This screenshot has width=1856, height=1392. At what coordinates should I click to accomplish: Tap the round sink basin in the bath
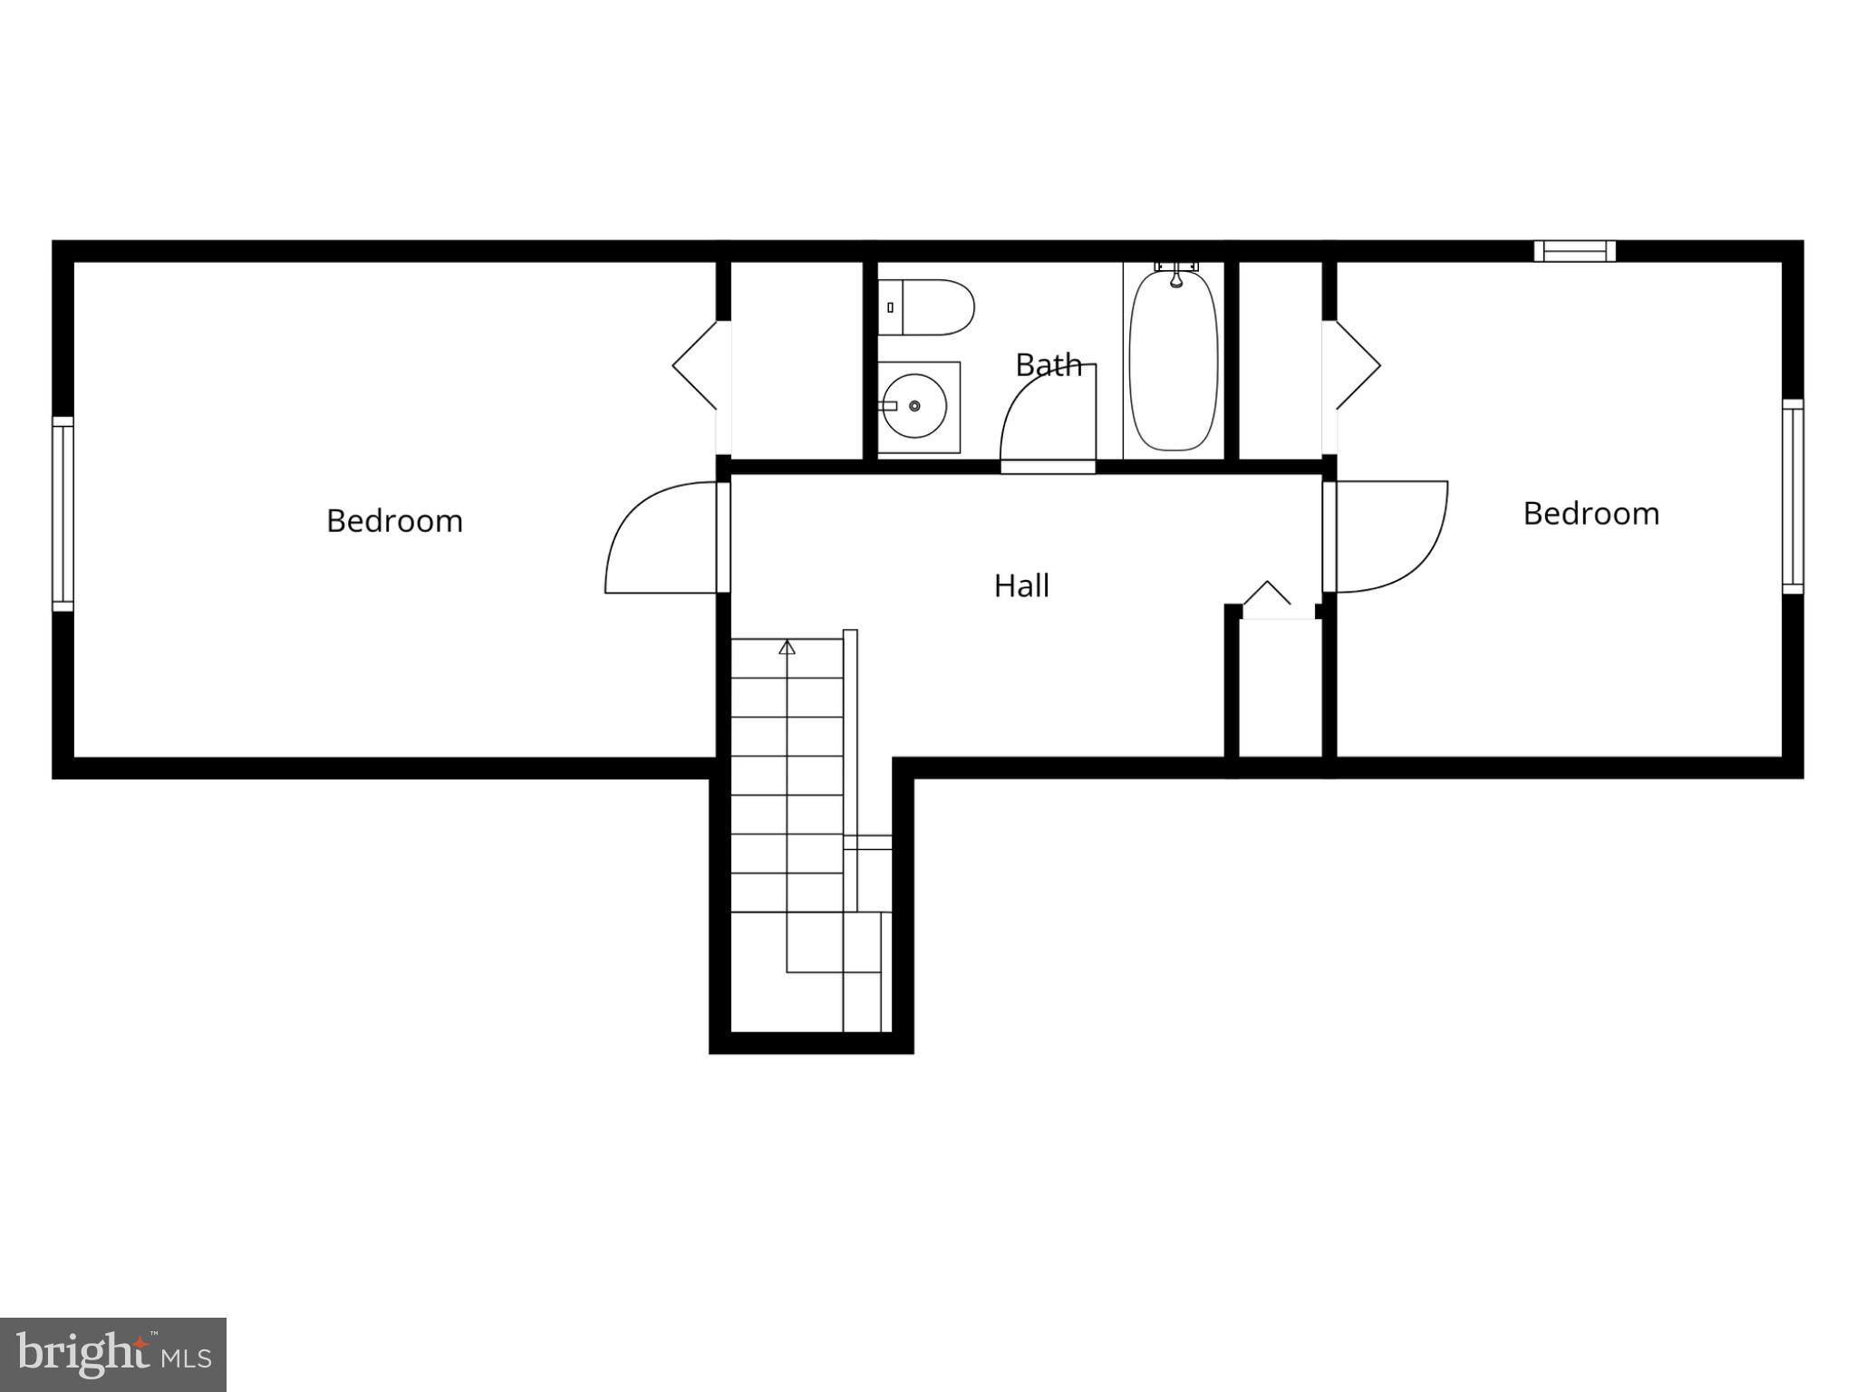pos(914,406)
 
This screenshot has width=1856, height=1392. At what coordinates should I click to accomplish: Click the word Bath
pos(1049,365)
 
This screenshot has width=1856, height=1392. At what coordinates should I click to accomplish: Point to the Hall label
pos(1021,586)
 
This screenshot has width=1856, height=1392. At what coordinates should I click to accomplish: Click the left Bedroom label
pos(394,521)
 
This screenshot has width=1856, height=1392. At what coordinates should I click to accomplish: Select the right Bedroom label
pos(1590,514)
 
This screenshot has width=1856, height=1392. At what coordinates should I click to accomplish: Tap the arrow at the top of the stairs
pos(787,647)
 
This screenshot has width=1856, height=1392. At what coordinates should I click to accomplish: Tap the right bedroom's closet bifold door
pos(1357,365)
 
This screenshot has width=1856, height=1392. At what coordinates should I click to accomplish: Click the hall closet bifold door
pos(1266,594)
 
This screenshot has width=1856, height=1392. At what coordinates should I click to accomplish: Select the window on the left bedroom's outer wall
pos(63,514)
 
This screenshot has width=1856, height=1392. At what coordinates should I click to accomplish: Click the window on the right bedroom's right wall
pos(1793,497)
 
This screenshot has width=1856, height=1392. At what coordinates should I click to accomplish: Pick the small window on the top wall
pos(1574,250)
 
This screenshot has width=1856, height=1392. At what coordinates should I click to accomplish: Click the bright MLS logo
pos(113,1354)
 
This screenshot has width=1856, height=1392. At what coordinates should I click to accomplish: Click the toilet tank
pos(890,307)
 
